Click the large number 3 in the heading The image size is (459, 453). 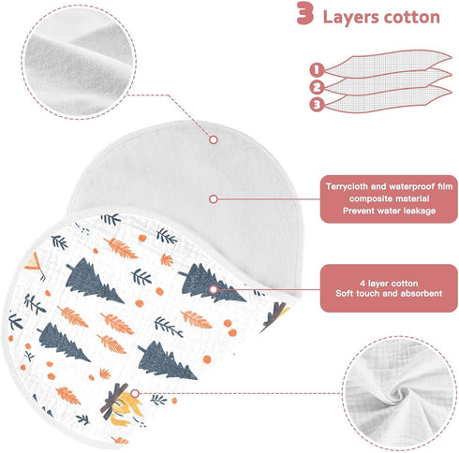point(304,13)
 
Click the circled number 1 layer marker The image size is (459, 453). point(317,69)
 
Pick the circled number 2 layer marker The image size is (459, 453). point(317,87)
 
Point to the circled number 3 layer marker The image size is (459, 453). point(317,105)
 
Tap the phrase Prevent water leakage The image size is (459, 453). point(389,211)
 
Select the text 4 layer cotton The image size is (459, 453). point(389,284)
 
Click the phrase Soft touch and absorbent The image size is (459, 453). point(389,294)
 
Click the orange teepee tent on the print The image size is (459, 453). point(34,262)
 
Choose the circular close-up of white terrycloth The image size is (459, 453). point(79,62)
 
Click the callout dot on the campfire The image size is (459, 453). point(135,393)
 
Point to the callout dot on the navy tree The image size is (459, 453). point(214,289)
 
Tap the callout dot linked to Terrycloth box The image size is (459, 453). point(214,199)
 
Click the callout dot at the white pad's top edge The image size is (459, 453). point(214,139)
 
